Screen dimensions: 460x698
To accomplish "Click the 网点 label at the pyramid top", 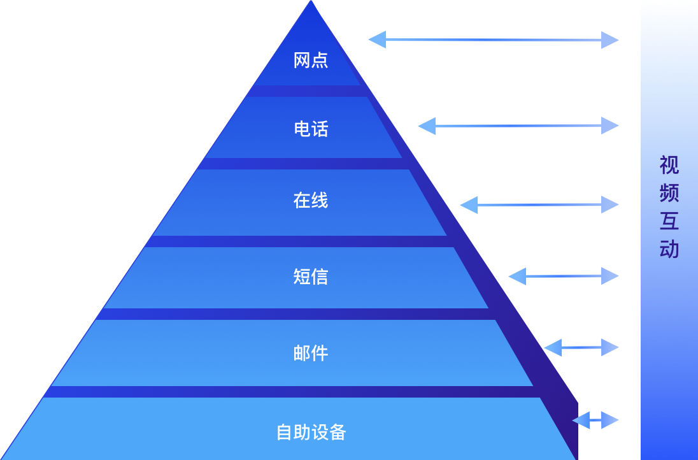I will (x=311, y=61).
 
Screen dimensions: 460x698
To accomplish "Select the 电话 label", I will (x=311, y=129).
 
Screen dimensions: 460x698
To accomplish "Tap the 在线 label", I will (x=311, y=201).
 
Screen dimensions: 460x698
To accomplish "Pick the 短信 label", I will (x=311, y=277).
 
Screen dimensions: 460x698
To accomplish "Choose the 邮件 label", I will (x=311, y=353).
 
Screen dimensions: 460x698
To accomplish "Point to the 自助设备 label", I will (x=311, y=432).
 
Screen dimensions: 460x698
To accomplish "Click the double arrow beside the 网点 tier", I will (x=493, y=40).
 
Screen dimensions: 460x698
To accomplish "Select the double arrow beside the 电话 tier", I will (x=518, y=126).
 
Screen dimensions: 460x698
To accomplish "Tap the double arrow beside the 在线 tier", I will (x=539, y=205).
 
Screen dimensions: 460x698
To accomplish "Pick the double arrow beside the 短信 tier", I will (x=563, y=276).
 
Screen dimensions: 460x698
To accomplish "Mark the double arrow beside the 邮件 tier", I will (x=581, y=347).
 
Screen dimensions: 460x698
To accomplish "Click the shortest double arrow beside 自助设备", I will (x=595, y=420).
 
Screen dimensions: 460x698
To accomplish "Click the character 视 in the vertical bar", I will (x=669, y=166).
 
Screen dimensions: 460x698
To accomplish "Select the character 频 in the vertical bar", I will (x=669, y=193).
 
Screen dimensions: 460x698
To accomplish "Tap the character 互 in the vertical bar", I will (x=669, y=221).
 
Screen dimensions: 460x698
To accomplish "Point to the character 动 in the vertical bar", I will (x=669, y=249).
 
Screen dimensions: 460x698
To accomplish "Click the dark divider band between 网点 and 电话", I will (x=311, y=91).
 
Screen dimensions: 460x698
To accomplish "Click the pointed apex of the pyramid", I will (x=311, y=3).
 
